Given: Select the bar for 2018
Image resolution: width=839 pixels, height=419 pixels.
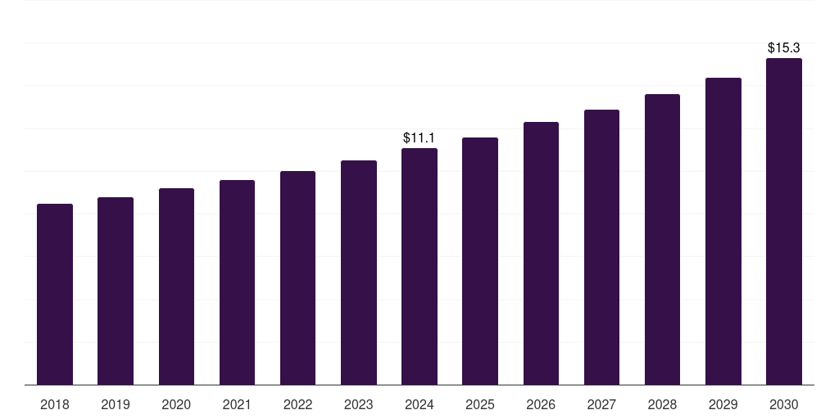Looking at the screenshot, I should tap(55, 295).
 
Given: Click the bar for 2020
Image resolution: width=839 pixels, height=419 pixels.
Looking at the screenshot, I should tap(176, 286).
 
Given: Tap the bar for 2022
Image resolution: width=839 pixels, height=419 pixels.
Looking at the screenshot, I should tap(297, 278).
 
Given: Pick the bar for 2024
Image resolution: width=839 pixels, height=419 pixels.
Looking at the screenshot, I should tap(419, 267).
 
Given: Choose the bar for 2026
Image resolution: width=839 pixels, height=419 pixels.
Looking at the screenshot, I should tap(541, 254).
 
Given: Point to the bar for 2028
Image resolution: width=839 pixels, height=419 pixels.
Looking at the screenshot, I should tap(662, 240).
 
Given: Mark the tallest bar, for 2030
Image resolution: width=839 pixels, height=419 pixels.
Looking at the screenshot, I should tap(784, 222).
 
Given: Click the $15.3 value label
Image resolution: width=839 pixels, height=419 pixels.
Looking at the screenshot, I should tap(784, 48).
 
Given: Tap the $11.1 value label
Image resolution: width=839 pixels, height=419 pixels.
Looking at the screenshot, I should tap(419, 138).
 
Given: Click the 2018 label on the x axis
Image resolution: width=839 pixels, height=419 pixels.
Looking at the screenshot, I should tap(55, 404).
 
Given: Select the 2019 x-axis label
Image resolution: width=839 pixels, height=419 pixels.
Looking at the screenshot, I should tap(116, 404).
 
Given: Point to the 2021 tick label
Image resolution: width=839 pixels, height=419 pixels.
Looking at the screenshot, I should tap(237, 404).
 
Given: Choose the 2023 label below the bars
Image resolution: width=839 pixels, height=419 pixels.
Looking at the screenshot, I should tap(359, 404).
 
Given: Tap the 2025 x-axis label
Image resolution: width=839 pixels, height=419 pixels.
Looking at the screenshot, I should tap(480, 404).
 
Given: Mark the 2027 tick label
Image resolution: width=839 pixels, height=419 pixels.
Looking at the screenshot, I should tap(601, 404).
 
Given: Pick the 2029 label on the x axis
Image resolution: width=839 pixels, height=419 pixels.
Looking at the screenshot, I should tap(723, 404).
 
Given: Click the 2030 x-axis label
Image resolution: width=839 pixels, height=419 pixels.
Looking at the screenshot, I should tap(784, 404).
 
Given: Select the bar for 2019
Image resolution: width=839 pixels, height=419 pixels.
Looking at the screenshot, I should tap(116, 291).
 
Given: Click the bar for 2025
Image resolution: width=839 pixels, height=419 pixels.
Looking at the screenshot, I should tap(480, 261).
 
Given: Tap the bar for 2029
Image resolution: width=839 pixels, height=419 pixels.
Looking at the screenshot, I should tap(723, 232).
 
